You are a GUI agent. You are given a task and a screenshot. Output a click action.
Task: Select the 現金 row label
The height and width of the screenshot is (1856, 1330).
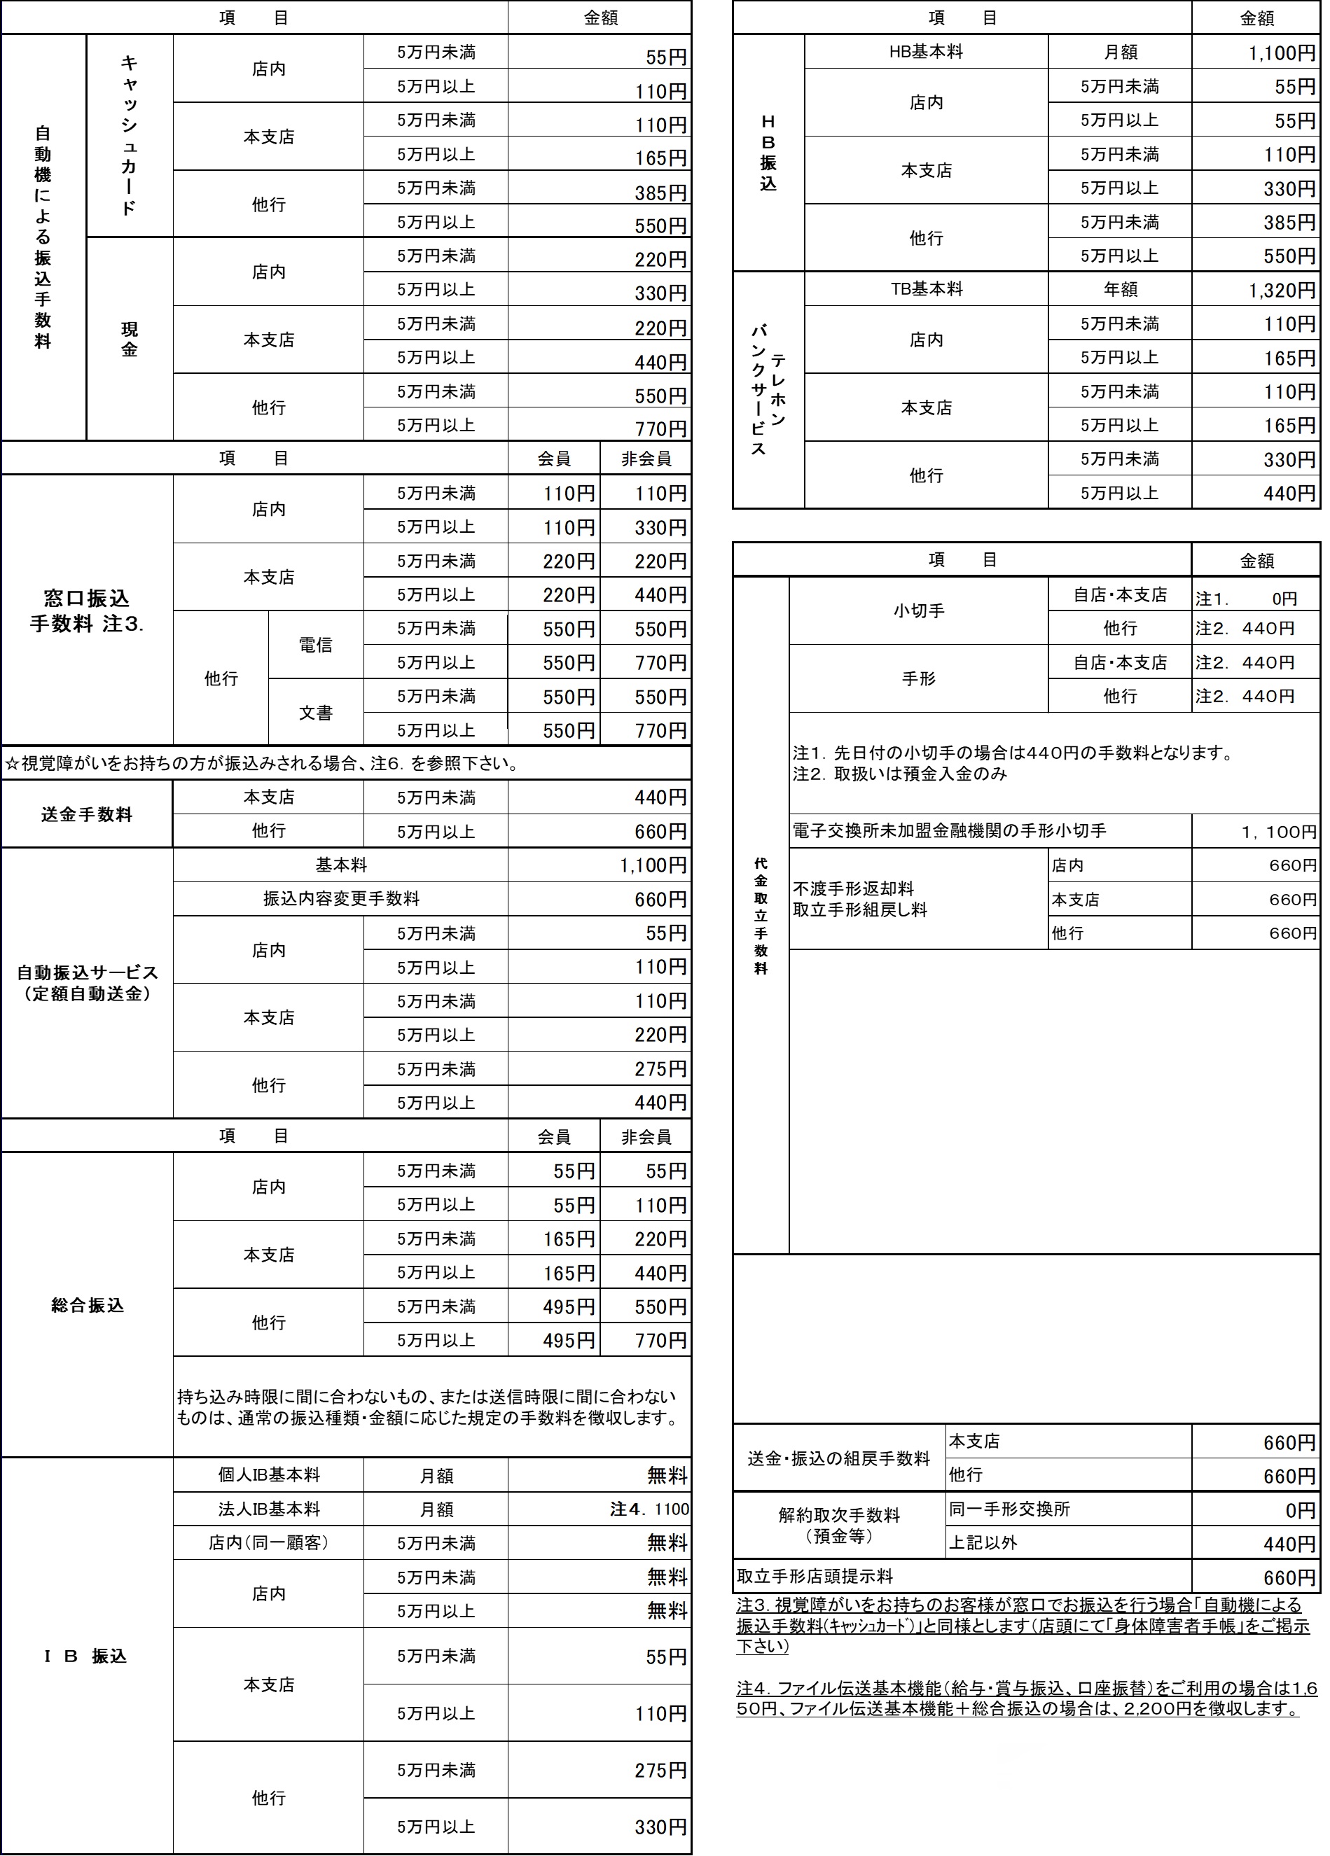click(130, 340)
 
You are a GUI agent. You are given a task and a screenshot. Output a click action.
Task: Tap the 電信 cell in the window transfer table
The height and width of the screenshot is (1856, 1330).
click(315, 645)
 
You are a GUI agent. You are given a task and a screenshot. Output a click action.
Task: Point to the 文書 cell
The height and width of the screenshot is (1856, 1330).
click(315, 713)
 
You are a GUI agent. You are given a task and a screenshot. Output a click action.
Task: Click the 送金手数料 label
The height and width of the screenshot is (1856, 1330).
click(87, 814)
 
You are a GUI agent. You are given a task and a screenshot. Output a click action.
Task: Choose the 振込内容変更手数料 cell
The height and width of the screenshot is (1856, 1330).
click(340, 898)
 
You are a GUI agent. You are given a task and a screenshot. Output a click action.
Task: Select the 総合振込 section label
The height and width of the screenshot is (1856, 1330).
click(87, 1305)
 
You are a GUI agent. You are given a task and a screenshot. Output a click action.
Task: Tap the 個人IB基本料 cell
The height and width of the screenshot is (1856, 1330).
click(268, 1474)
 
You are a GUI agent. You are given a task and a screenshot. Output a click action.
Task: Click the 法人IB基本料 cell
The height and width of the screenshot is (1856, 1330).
click(268, 1509)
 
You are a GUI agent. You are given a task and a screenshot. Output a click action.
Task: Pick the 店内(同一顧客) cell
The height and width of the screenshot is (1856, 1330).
click(268, 1542)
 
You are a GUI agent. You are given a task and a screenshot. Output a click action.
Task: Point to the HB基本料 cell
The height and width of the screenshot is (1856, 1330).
click(926, 52)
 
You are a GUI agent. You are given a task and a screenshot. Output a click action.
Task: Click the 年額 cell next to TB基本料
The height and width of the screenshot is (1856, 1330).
click(1120, 290)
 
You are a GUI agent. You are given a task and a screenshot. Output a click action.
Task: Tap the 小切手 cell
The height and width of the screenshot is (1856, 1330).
click(918, 610)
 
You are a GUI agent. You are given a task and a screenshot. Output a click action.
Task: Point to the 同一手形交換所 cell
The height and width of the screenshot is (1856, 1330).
click(1009, 1509)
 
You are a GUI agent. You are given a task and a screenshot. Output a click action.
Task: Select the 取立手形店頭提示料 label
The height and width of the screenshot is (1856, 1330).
click(815, 1576)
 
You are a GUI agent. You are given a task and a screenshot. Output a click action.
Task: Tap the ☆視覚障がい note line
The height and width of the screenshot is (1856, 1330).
click(262, 765)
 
